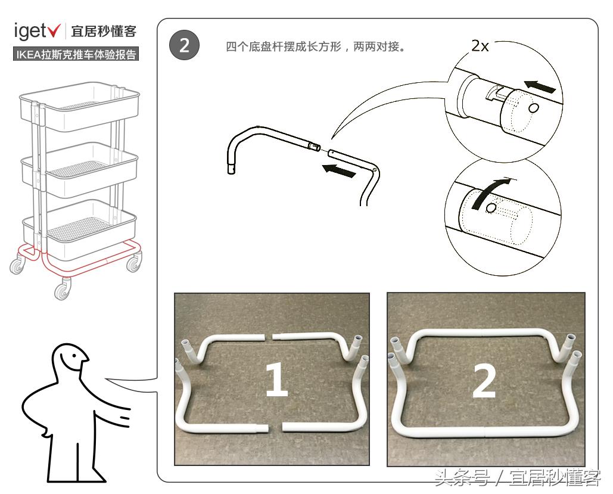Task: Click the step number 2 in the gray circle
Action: tap(184, 46)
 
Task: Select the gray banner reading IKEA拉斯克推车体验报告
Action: tap(76, 55)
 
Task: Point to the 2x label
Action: tap(480, 46)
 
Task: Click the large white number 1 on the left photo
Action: tap(276, 381)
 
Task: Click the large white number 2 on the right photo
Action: tap(484, 382)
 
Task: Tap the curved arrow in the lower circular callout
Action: tap(488, 192)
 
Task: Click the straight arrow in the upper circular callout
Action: tap(542, 88)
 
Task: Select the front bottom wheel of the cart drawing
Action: tap(62, 291)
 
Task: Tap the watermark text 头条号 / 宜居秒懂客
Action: tap(516, 478)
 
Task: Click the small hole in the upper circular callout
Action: tap(534, 108)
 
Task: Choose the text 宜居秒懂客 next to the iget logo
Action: tap(104, 30)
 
